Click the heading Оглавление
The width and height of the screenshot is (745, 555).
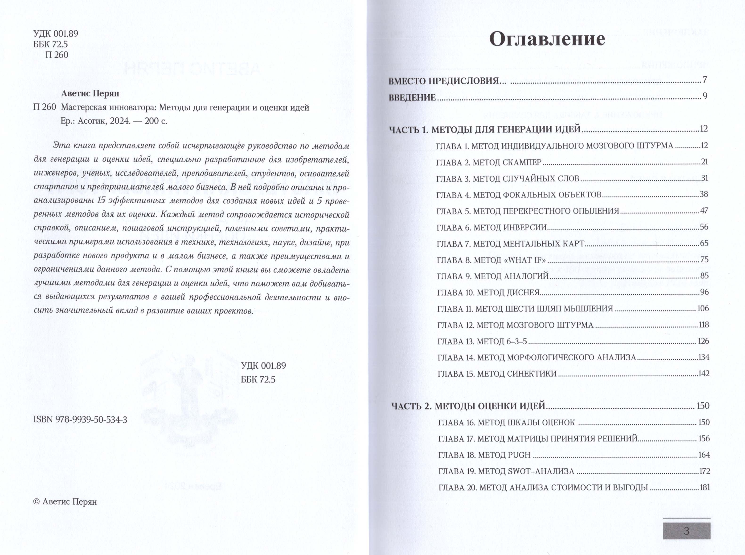(x=547, y=39)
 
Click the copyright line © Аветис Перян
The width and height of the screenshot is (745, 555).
(x=65, y=502)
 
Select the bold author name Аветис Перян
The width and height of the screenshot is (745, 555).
(x=90, y=93)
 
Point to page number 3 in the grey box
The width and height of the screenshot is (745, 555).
(x=687, y=531)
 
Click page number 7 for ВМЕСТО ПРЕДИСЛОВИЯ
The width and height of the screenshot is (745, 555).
(x=705, y=80)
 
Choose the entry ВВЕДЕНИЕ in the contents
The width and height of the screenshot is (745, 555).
(x=412, y=97)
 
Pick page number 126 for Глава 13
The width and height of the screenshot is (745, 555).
(x=703, y=341)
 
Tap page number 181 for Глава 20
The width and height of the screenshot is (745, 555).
(x=704, y=487)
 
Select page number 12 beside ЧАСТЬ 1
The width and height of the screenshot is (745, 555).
(x=704, y=129)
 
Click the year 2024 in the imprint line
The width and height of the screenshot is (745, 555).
(x=120, y=121)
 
